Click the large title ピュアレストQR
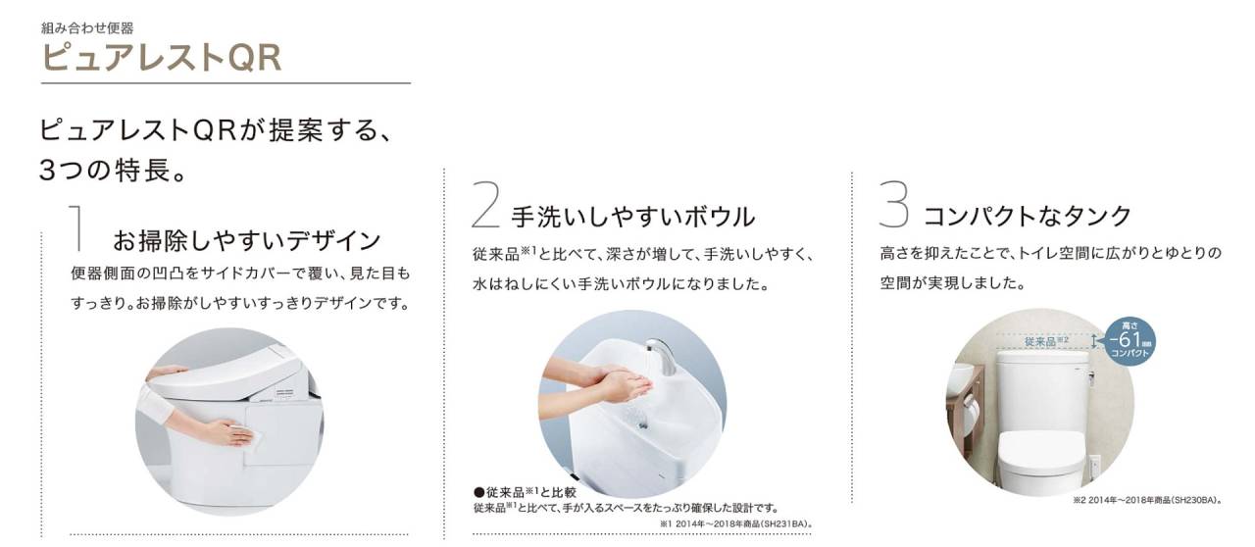click(x=162, y=58)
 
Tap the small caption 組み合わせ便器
click(x=87, y=27)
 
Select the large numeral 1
click(x=77, y=228)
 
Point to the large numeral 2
click(x=485, y=205)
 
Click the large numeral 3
click(x=893, y=204)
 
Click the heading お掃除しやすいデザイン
click(x=247, y=241)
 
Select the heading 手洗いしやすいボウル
click(x=633, y=217)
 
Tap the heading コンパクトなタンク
click(x=1028, y=217)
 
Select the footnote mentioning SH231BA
click(x=736, y=524)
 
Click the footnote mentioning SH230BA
click(x=1147, y=500)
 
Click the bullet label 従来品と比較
click(x=525, y=493)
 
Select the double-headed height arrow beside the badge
click(x=1093, y=341)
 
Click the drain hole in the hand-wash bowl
click(x=642, y=426)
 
